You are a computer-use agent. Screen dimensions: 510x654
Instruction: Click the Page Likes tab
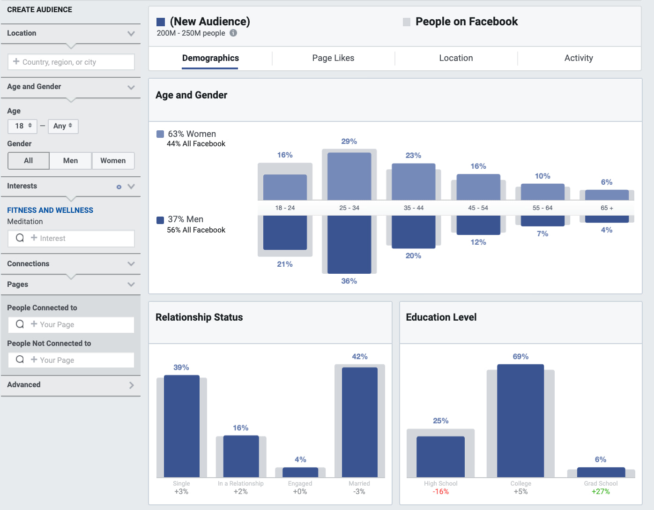(x=333, y=58)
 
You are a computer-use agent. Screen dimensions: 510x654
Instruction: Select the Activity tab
(x=579, y=58)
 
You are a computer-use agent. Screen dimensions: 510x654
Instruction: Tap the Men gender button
(x=70, y=161)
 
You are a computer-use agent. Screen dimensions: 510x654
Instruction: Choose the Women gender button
(x=113, y=161)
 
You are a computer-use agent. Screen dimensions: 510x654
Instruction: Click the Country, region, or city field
(x=71, y=62)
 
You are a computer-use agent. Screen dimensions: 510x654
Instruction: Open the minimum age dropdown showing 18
(x=22, y=126)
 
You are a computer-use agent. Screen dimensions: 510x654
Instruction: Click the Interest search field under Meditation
(x=71, y=238)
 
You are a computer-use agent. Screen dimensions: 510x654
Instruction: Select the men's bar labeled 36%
(x=349, y=244)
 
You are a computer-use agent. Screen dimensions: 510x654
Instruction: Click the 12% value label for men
(x=478, y=242)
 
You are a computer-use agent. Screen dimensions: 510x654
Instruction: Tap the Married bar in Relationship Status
(x=359, y=422)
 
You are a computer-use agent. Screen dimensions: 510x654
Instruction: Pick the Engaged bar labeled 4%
(x=300, y=472)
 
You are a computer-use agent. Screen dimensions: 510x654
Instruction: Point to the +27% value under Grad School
(x=601, y=492)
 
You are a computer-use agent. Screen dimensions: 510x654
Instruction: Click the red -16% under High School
(x=440, y=492)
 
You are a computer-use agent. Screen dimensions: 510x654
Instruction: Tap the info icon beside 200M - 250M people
(x=233, y=33)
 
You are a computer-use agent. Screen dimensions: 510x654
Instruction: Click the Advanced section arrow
(x=131, y=385)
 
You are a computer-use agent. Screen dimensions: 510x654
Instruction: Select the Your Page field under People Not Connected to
(x=71, y=360)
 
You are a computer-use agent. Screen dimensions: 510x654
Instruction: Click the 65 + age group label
(x=607, y=208)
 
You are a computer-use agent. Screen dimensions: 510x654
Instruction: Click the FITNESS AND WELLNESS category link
(x=50, y=210)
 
